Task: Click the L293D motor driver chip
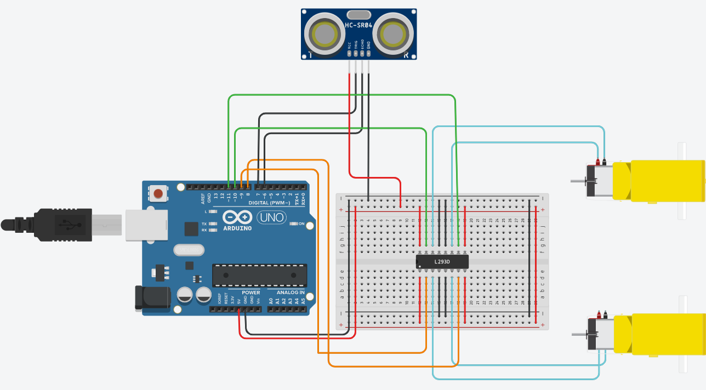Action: pyautogui.click(x=442, y=261)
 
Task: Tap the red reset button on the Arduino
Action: pyautogui.click(x=158, y=193)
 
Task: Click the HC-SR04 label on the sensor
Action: pyautogui.click(x=359, y=25)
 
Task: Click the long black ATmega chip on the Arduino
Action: pyautogui.click(x=259, y=275)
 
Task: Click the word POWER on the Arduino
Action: pyautogui.click(x=250, y=292)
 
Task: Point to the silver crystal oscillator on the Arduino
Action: pyautogui.click(x=188, y=250)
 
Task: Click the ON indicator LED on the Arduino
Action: pyautogui.click(x=294, y=223)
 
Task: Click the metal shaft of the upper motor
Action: pyautogui.click(x=578, y=181)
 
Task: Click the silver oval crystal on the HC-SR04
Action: pyautogui.click(x=359, y=14)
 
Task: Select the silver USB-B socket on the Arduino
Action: pyautogui.click(x=145, y=225)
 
